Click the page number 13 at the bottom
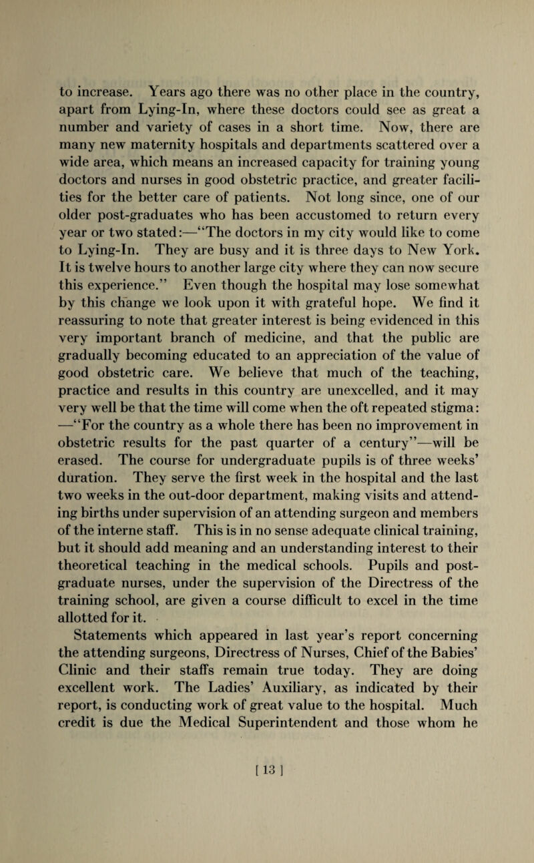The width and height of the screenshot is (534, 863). tap(267, 820)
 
